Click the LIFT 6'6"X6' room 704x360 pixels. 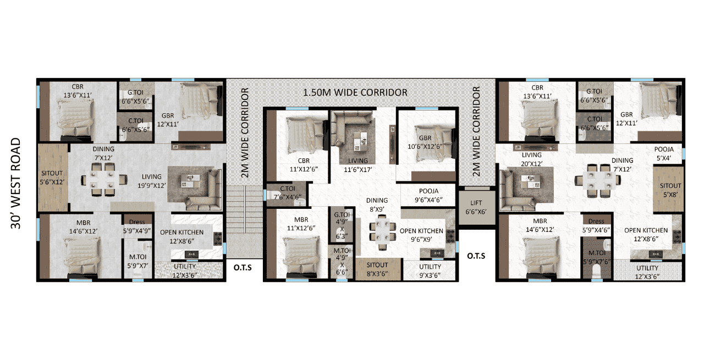476,207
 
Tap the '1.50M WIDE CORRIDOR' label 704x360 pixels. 355,92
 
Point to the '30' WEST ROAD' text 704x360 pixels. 16,184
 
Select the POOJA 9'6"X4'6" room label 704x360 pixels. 428,196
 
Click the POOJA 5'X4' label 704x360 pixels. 664,153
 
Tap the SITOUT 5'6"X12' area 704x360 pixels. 52,178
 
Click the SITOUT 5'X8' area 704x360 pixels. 668,190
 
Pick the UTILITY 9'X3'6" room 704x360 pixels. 430,270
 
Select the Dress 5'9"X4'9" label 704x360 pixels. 137,226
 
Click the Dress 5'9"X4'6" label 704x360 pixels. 596,226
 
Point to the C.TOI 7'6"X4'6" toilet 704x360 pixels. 287,194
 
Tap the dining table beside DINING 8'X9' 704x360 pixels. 382,232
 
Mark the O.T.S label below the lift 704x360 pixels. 476,256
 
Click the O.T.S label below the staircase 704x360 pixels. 243,268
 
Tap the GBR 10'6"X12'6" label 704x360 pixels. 425,142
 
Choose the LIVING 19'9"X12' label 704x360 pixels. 151,181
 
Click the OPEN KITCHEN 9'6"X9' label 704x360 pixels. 421,235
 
